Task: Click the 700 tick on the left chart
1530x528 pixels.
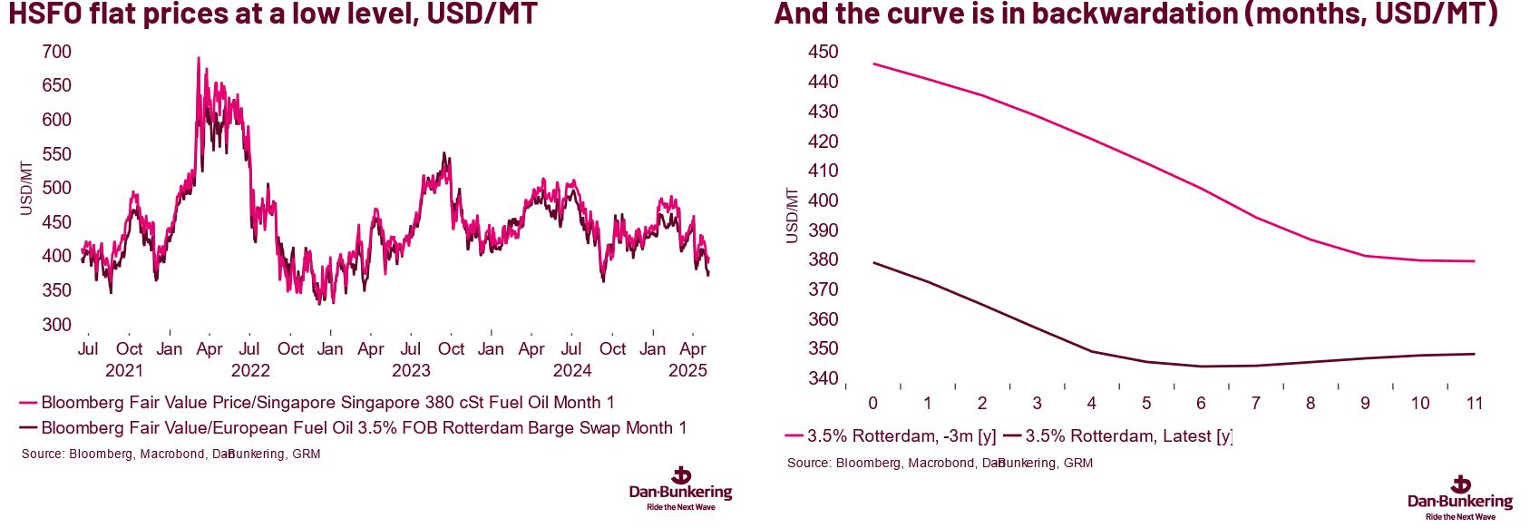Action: (x=56, y=52)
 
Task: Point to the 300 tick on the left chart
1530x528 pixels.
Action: (x=56, y=325)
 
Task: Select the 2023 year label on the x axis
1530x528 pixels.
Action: (x=411, y=370)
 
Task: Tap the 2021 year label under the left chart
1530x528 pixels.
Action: (x=124, y=370)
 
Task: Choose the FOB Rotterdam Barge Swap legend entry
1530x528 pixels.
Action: (x=363, y=428)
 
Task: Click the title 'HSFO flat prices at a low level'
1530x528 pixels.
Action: (x=273, y=15)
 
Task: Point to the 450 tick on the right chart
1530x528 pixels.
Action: (x=823, y=52)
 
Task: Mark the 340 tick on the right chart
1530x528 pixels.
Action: (x=823, y=378)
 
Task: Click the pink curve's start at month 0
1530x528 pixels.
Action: (x=873, y=64)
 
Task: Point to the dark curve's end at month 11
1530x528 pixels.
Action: (x=1475, y=354)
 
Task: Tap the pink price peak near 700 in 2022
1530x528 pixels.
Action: (x=199, y=58)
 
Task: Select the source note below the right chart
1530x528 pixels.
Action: (x=940, y=463)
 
